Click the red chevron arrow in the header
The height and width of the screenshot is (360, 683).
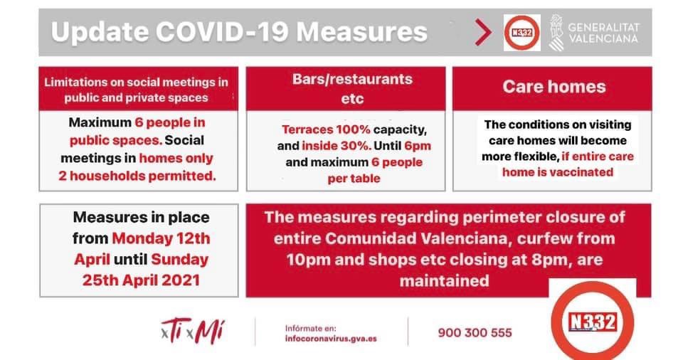point(483,32)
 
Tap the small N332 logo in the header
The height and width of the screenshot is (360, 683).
point(521,33)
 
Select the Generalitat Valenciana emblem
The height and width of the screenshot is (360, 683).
point(556,33)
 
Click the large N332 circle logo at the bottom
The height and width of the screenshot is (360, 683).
point(593,322)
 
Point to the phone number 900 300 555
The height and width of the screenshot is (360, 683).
point(475,333)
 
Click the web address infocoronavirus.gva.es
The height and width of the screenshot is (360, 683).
point(331,339)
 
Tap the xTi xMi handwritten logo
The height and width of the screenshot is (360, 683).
point(193,332)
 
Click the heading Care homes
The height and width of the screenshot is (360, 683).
point(554,87)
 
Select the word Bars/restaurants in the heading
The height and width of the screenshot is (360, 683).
point(352,79)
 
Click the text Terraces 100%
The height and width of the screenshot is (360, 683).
point(326,129)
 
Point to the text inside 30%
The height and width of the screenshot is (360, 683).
point(337,146)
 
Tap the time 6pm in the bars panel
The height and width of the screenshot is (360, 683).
point(418,146)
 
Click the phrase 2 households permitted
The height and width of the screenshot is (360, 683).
point(137,176)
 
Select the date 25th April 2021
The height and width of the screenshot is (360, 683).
point(141,280)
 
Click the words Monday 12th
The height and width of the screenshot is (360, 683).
point(162,238)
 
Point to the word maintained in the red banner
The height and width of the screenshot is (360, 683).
point(444,281)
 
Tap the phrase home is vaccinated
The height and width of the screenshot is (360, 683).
point(558,172)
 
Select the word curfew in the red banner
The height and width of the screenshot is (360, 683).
point(566,238)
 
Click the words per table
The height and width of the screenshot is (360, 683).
point(354,179)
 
